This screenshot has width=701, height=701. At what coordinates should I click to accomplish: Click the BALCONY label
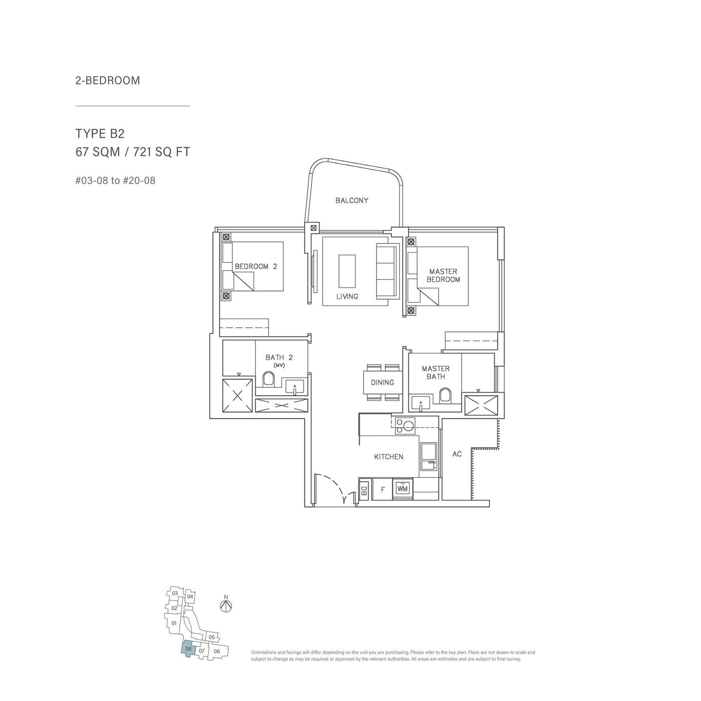click(352, 201)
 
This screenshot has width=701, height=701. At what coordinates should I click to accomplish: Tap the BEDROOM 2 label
click(256, 266)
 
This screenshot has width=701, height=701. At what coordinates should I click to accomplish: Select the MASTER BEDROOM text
click(443, 276)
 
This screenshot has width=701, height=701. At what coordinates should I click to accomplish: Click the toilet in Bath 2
click(269, 379)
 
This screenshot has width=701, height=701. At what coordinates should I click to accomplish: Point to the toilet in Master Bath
click(445, 395)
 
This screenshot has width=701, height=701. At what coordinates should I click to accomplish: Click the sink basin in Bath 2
click(295, 387)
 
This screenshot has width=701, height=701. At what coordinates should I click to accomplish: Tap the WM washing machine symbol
click(402, 489)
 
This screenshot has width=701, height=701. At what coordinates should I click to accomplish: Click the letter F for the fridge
click(382, 490)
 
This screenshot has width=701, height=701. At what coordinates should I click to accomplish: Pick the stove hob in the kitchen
click(405, 425)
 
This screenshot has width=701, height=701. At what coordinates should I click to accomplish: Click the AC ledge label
click(457, 454)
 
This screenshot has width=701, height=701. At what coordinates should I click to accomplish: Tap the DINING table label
click(382, 382)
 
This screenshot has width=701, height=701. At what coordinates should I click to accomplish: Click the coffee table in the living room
click(347, 270)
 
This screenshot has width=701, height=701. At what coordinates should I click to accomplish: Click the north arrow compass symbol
click(226, 606)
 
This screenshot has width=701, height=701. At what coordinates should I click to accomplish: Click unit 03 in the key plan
click(175, 593)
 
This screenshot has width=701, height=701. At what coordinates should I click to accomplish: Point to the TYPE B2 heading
click(97, 133)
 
